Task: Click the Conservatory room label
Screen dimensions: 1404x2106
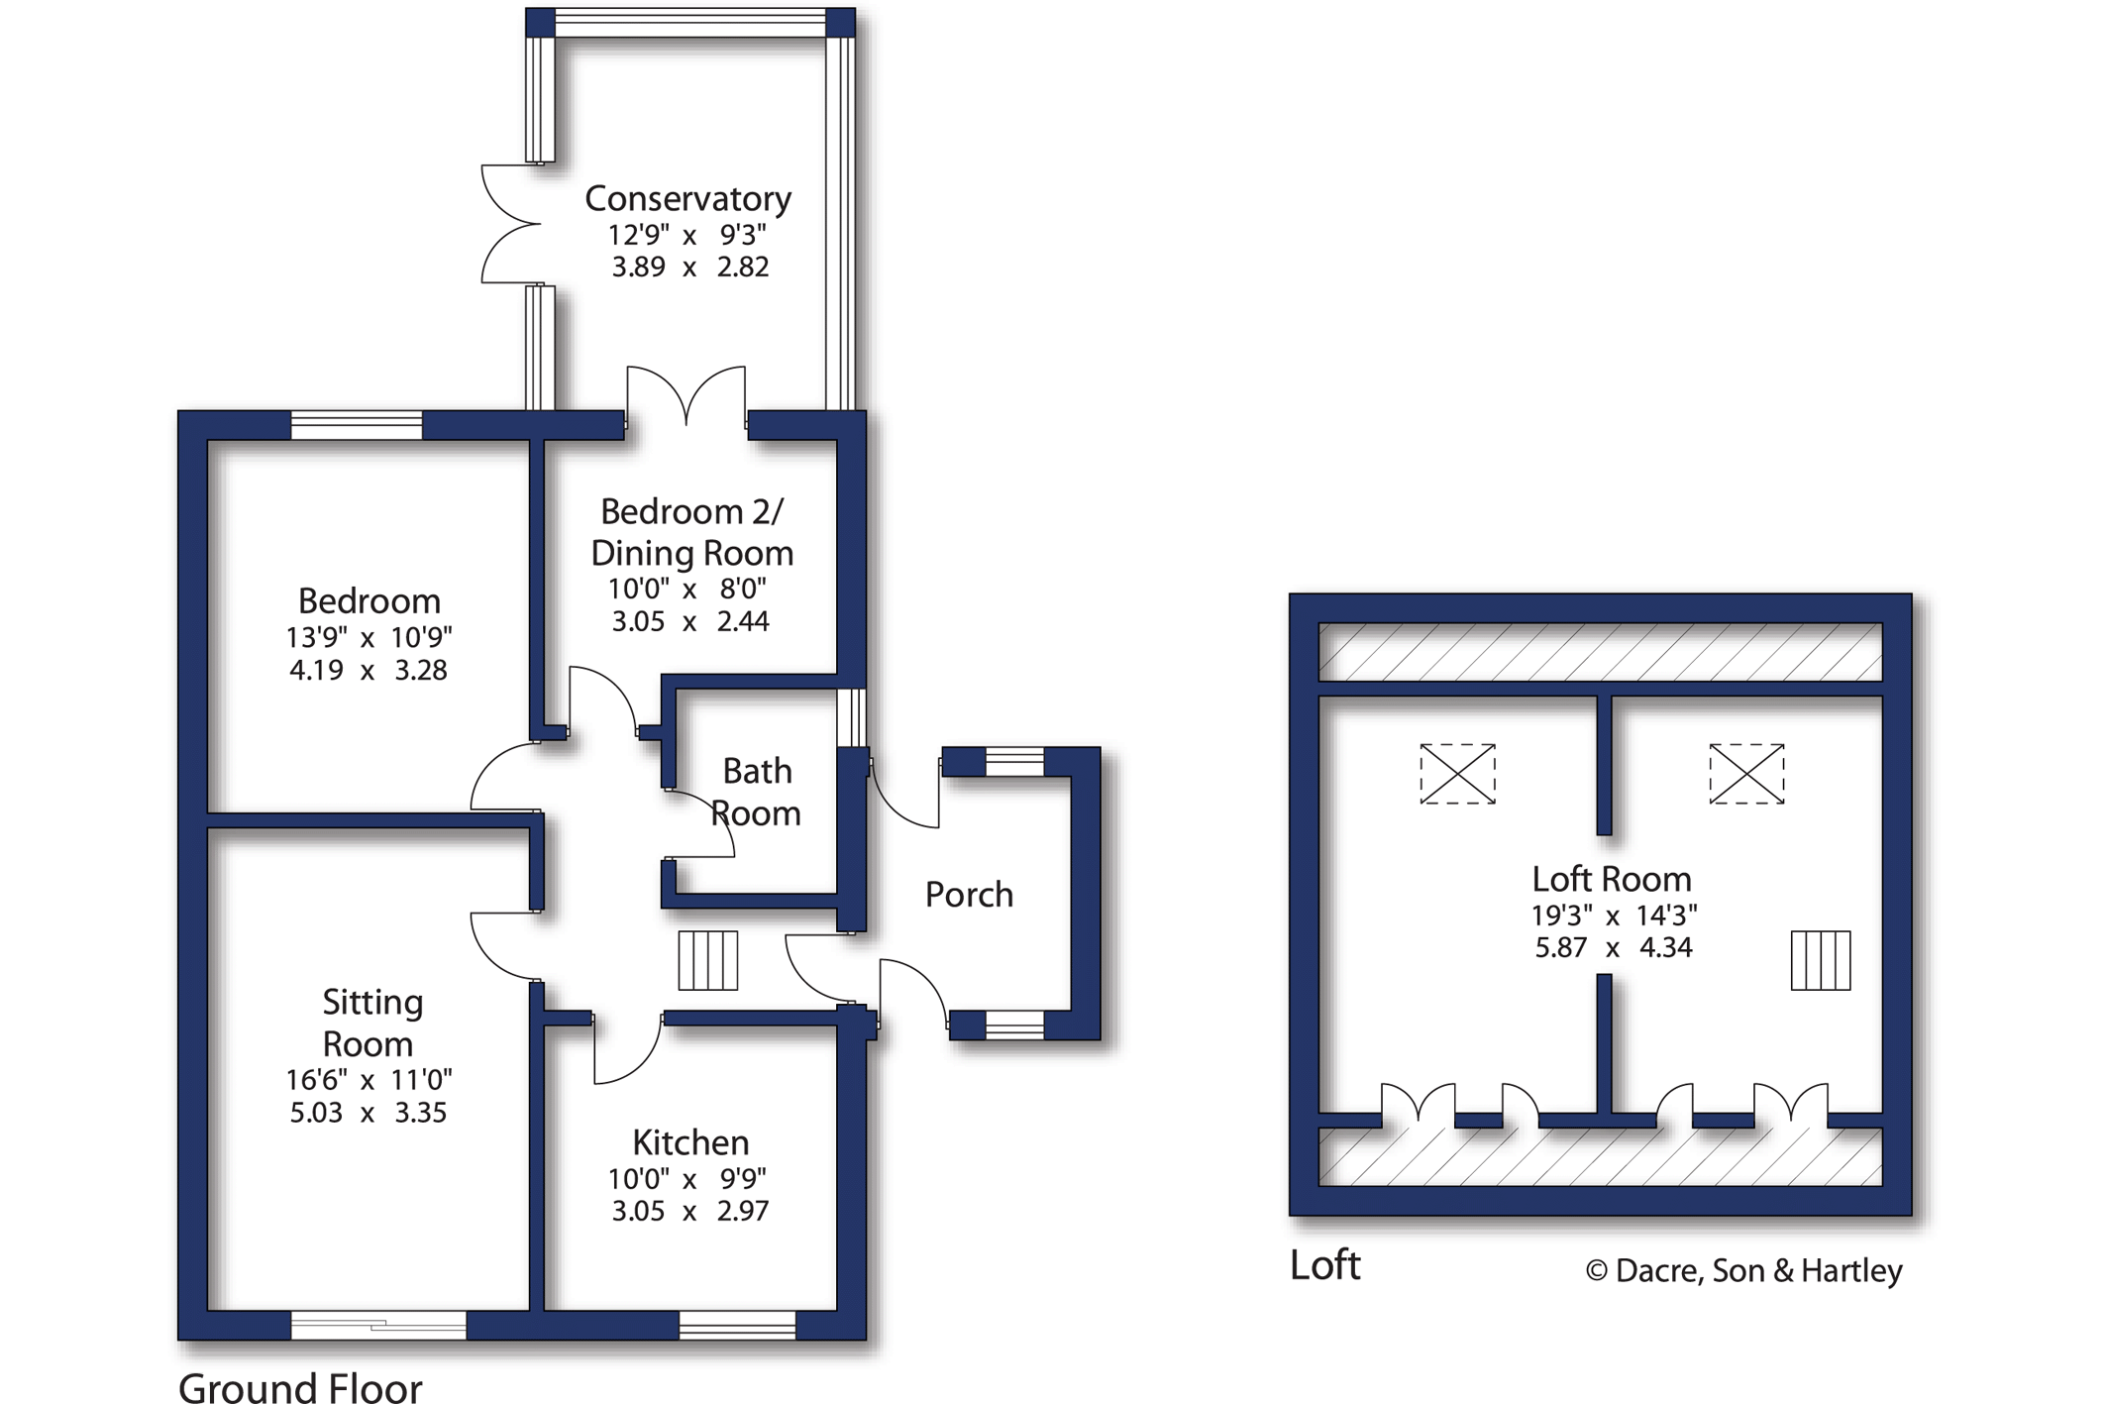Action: tap(687, 198)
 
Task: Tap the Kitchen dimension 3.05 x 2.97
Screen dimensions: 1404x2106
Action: tap(689, 1211)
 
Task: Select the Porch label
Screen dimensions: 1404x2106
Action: tap(969, 894)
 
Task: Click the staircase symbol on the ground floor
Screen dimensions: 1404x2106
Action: tap(707, 960)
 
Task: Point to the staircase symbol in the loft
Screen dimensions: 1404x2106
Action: tap(1821, 960)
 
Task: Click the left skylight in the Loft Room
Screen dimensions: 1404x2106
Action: tap(1457, 774)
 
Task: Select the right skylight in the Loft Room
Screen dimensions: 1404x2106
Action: tap(1746, 774)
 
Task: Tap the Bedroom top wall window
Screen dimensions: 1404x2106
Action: tap(357, 425)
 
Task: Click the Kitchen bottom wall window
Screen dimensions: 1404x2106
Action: tap(737, 1325)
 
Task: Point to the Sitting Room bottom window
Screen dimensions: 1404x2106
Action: tap(378, 1325)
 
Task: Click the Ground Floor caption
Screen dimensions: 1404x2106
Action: tap(300, 1386)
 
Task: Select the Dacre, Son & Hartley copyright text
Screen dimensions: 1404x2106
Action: tap(1743, 1270)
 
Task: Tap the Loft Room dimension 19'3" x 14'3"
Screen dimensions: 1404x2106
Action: tap(1614, 915)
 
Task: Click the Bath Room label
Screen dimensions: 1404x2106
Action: tap(757, 792)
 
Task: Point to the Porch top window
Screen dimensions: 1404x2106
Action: tap(1014, 761)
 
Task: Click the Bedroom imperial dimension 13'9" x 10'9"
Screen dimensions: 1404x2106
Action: tap(369, 637)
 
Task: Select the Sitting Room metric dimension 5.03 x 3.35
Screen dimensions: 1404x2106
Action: tap(369, 1112)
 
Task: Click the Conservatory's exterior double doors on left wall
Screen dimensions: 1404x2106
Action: tap(510, 225)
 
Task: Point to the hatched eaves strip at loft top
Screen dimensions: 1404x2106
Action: tap(1600, 651)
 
